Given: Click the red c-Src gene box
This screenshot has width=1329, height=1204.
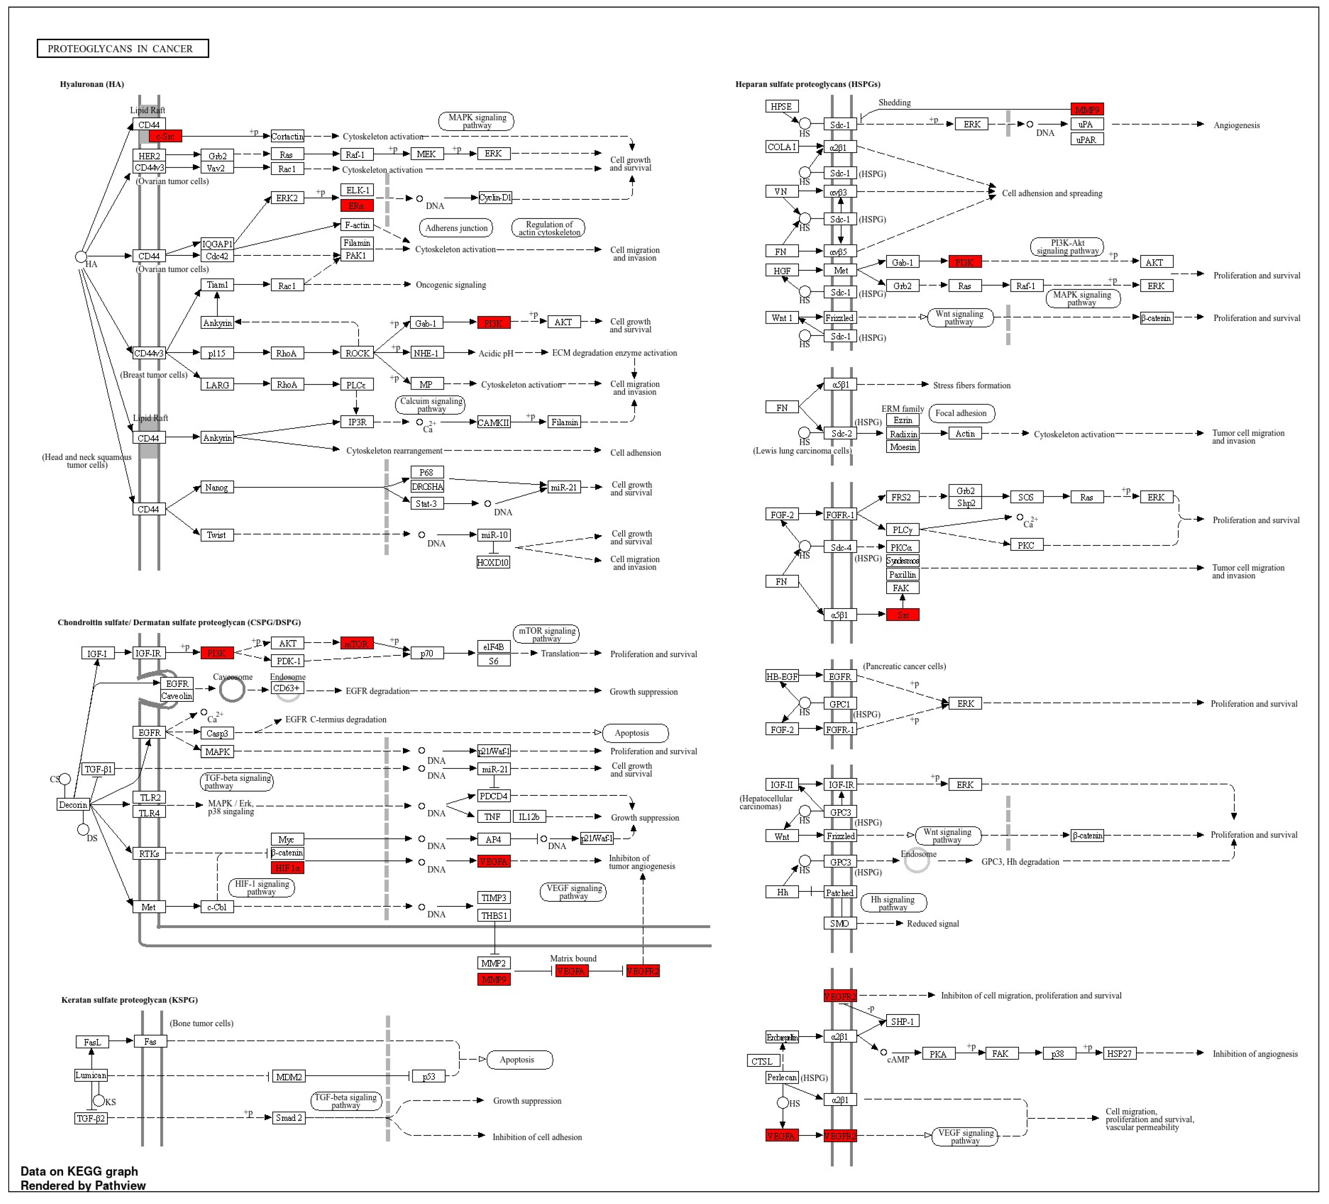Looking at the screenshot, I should coord(165,137).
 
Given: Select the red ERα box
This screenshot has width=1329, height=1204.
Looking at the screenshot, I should coord(357,206).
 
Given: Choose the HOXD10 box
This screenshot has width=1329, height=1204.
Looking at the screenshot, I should coord(493,562).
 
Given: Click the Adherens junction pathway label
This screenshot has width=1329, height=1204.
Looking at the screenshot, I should coord(456,228).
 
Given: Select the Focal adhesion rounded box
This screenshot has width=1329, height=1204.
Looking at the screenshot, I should coord(961,413).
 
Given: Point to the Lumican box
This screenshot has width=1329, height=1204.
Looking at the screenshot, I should coord(91,1075).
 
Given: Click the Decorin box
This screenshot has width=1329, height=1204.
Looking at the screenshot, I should coord(73,804).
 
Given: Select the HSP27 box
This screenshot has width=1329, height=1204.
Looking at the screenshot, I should coord(1119,1054).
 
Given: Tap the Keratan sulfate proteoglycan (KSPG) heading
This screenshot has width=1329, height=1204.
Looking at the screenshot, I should coord(129,1000).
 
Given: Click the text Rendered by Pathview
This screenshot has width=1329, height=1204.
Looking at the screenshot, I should coord(83,1186).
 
